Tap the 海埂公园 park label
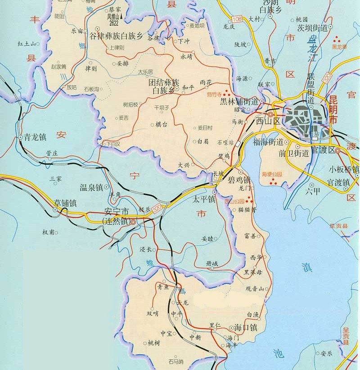pyautogui.click(x=271, y=174)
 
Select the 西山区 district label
pyautogui.click(x=268, y=121)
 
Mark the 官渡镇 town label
pyautogui.click(x=338, y=182)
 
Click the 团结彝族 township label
pyautogui.click(x=164, y=83)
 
